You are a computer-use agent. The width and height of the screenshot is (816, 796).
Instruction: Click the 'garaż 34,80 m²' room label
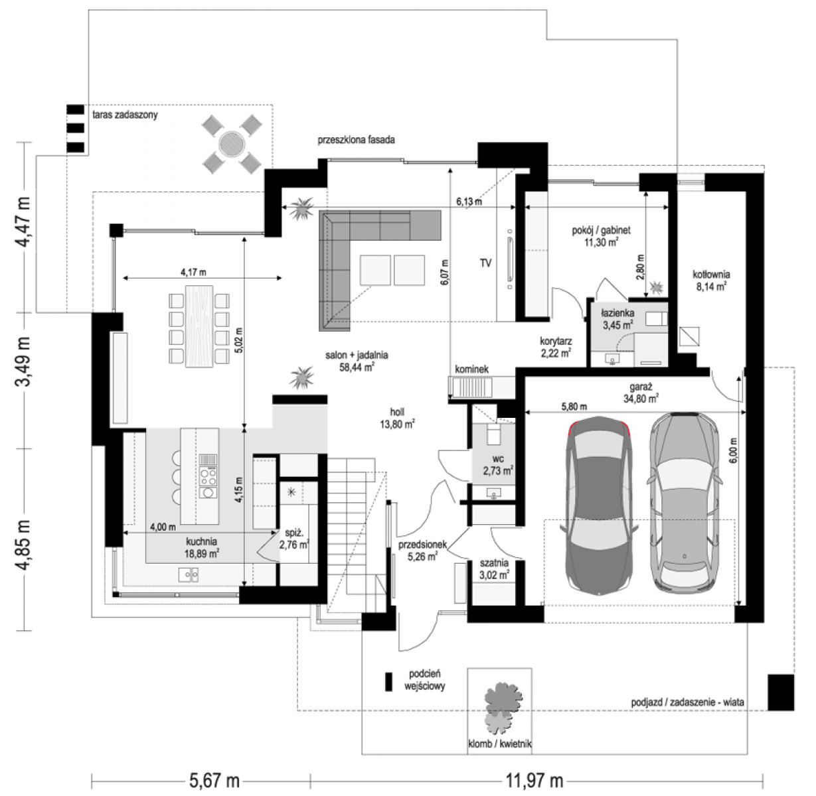point(640,393)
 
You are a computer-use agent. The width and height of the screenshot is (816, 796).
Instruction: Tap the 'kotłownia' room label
point(711,275)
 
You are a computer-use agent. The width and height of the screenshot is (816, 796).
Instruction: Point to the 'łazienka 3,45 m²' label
point(617,319)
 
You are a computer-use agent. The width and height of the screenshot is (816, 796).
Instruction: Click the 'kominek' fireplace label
point(471,369)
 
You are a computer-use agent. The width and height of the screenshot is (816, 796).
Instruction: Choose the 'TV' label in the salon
point(485,263)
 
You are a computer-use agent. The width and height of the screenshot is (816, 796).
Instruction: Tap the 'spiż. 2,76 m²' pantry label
point(294,539)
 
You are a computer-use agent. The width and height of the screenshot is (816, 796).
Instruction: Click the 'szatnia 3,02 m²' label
point(495,570)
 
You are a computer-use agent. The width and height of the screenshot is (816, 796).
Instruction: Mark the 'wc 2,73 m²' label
point(498,465)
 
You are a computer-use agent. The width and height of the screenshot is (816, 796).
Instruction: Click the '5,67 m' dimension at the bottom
point(214,781)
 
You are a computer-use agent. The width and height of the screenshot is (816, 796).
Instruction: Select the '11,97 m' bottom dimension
point(534,781)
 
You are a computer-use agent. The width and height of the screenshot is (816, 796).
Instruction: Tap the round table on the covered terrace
point(232,144)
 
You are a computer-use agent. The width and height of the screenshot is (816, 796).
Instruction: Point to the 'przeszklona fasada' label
point(356,139)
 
